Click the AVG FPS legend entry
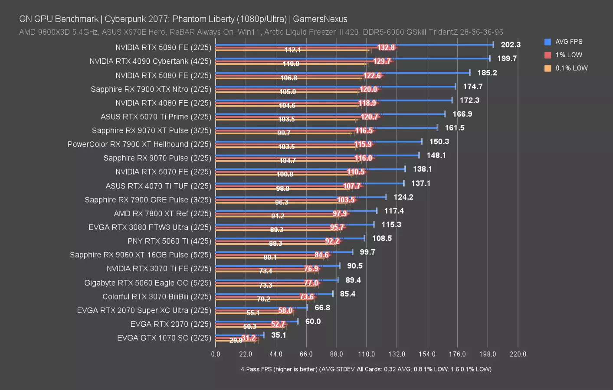coord(568,42)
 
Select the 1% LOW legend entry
coord(568,55)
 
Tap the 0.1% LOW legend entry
coord(571,68)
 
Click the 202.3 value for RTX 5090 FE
coord(510,45)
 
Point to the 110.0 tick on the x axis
coord(366,354)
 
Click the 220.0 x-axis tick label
coord(518,354)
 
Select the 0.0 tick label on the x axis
coord(216,354)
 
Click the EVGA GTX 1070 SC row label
coord(164,338)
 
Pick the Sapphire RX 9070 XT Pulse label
coord(151,130)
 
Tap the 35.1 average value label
coord(279,335)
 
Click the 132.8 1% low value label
coord(386,48)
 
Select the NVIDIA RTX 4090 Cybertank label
coord(150,61)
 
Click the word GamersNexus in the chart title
coord(320,19)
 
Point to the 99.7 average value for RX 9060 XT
coord(367,252)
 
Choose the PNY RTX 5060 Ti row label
coord(169,241)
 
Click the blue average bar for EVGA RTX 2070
coord(256,321)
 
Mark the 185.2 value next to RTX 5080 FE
coord(487,72)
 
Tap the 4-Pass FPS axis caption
coord(366,369)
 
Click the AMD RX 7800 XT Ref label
coord(162,213)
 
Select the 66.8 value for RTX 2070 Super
coord(322,307)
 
